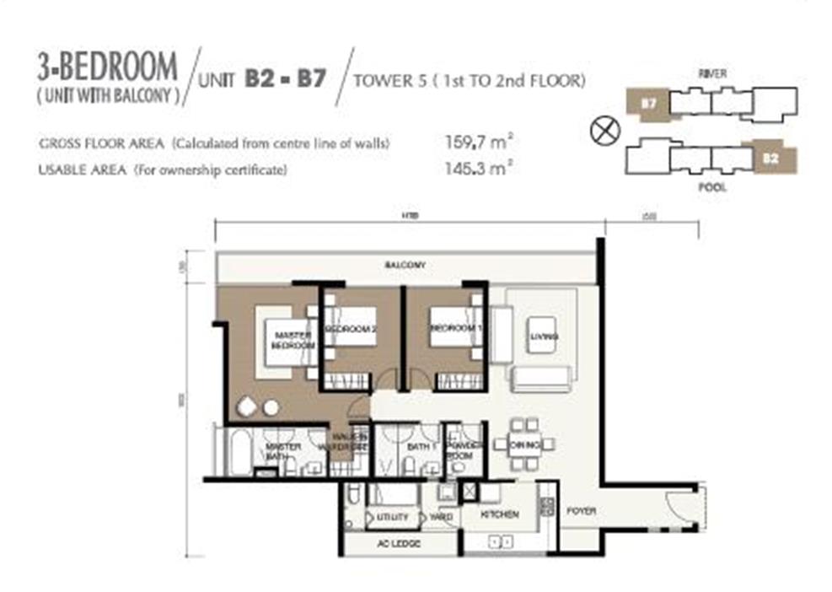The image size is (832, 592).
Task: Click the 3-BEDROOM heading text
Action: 106,66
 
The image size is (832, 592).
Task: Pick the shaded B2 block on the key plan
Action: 772,157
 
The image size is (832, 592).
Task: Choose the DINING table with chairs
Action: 524,444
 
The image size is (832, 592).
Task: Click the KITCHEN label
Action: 499,514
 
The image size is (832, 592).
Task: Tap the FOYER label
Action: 581,510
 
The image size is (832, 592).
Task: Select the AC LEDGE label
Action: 400,544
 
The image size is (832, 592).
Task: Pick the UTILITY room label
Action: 393,516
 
